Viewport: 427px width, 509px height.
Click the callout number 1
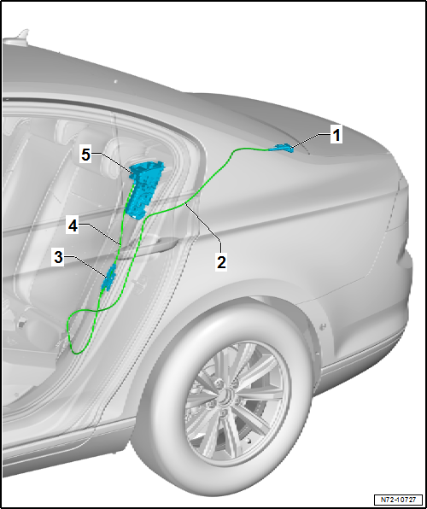336,135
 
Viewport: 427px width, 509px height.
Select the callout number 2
221,262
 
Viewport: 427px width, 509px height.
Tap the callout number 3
58,257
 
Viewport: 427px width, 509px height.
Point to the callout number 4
73,226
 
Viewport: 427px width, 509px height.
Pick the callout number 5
85,155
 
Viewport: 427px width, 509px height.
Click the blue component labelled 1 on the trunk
281,148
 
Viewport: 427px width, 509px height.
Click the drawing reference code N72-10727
398,499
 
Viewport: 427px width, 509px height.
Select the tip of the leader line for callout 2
184,202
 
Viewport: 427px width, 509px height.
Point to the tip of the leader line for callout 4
120,243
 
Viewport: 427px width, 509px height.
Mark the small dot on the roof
115,81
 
